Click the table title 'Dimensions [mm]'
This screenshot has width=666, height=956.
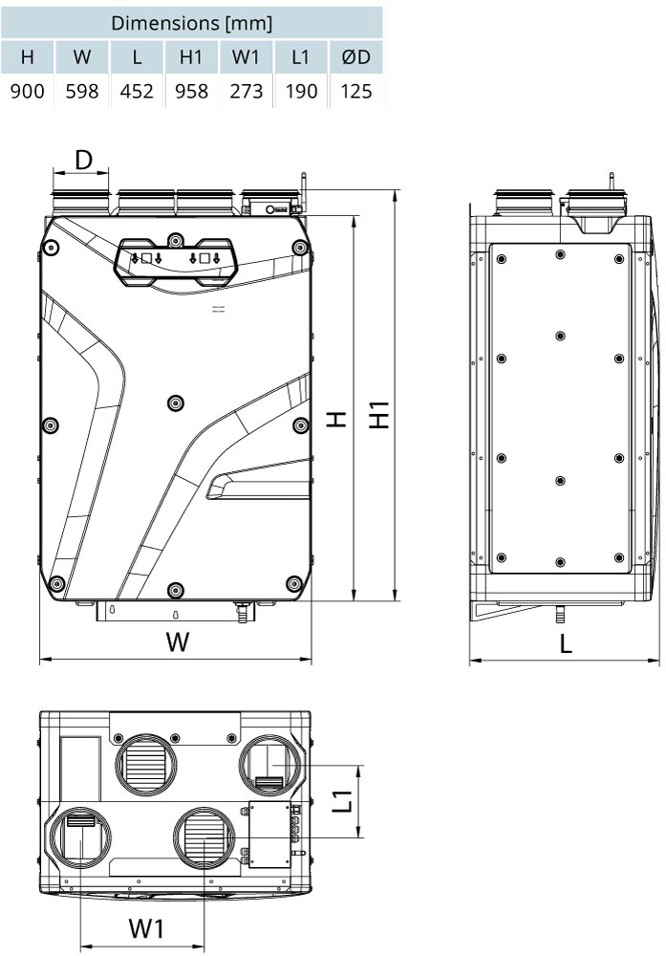pyautogui.click(x=191, y=23)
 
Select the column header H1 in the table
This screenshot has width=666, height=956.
pyautogui.click(x=191, y=56)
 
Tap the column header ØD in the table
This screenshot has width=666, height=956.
pyautogui.click(x=355, y=56)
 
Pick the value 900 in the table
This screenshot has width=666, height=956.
pyautogui.click(x=28, y=92)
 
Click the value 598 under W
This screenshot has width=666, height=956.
pyautogui.click(x=81, y=92)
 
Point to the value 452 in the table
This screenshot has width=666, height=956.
pyautogui.click(x=137, y=92)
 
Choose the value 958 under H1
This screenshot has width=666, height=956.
pyautogui.click(x=191, y=92)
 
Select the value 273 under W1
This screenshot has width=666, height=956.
pyautogui.click(x=247, y=92)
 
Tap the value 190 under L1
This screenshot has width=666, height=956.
pyautogui.click(x=301, y=92)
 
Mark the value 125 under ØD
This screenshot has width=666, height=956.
pyautogui.click(x=355, y=92)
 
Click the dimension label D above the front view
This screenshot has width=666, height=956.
pyautogui.click(x=83, y=161)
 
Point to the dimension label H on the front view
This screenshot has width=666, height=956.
pyautogui.click(x=337, y=419)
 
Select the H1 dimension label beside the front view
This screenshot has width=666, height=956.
pyautogui.click(x=379, y=415)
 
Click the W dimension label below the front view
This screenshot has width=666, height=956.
pyautogui.click(x=178, y=642)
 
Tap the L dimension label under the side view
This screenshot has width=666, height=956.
pyautogui.click(x=566, y=642)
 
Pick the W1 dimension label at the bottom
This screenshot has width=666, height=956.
pyautogui.click(x=147, y=928)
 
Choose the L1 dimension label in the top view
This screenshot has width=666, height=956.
pyautogui.click(x=344, y=800)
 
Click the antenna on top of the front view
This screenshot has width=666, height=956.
pyautogui.click(x=303, y=190)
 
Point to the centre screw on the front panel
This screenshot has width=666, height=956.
pyautogui.click(x=176, y=402)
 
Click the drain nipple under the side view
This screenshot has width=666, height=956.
pyautogui.click(x=557, y=615)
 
